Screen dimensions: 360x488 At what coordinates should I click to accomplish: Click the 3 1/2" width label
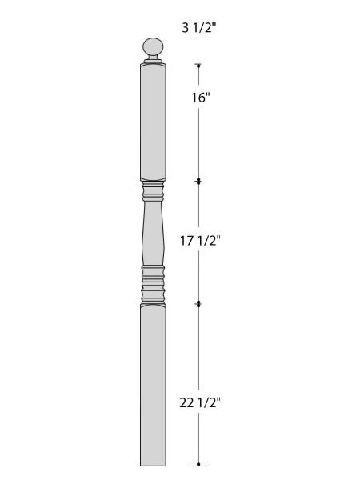coord(199,28)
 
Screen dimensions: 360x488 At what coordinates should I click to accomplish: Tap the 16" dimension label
coord(201,98)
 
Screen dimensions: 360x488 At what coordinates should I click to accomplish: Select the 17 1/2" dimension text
coord(200,241)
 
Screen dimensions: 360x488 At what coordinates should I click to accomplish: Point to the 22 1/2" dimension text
coord(200,402)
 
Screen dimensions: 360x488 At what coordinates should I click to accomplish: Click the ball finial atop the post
coord(153,47)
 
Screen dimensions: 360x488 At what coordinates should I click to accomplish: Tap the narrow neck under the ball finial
coord(153,59)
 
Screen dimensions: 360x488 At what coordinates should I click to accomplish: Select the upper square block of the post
coord(153,122)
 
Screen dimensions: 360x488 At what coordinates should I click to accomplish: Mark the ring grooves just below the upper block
coord(153,191)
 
